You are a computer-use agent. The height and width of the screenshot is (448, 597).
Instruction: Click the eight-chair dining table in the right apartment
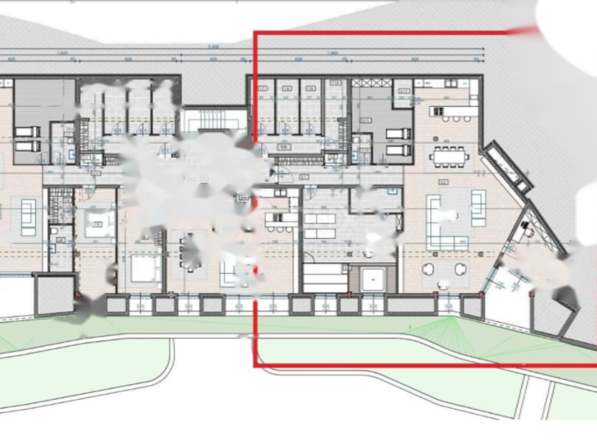[449, 156]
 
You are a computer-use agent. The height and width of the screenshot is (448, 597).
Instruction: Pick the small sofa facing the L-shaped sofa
[478, 208]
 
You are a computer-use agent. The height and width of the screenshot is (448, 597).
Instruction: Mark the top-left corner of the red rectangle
[255, 33]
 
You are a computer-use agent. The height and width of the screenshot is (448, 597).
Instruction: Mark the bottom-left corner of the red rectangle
[255, 366]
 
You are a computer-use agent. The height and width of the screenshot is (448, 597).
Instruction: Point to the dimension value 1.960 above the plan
[332, 52]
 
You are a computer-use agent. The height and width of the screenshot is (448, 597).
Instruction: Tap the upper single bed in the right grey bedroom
[399, 134]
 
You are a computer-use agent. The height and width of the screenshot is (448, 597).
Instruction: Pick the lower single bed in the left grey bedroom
[27, 146]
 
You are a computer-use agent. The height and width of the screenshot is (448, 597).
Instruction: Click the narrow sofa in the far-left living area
[28, 217]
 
